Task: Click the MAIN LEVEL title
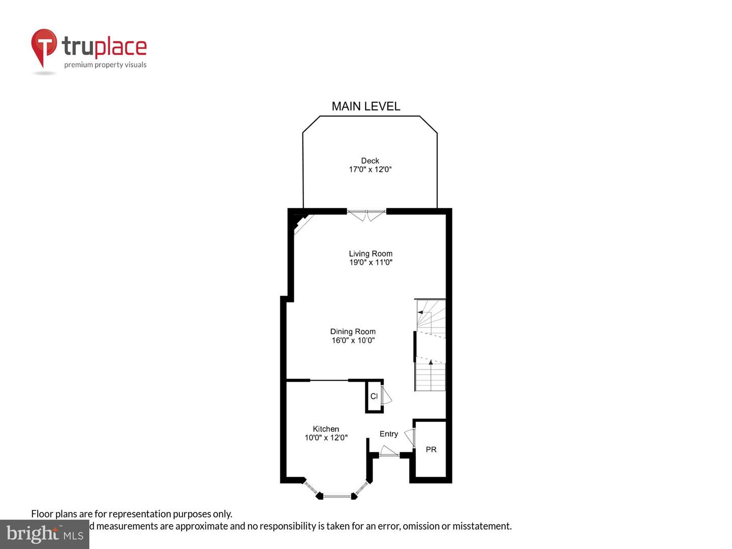[x=365, y=106]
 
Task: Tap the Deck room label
[x=370, y=161]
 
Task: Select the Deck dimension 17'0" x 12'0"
[x=370, y=169]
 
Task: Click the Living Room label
[x=370, y=254]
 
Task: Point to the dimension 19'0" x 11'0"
[x=370, y=262]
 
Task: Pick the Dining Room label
[x=353, y=331]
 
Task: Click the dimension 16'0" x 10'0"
[x=353, y=340]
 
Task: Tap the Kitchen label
[x=325, y=429]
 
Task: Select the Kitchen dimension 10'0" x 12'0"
[x=325, y=438]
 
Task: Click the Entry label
[x=388, y=434]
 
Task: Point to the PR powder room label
[x=431, y=449]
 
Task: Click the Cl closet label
[x=374, y=396]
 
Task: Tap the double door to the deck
[x=367, y=215]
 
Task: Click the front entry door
[x=389, y=452]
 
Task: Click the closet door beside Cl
[x=386, y=395]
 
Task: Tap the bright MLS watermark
[x=44, y=534]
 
